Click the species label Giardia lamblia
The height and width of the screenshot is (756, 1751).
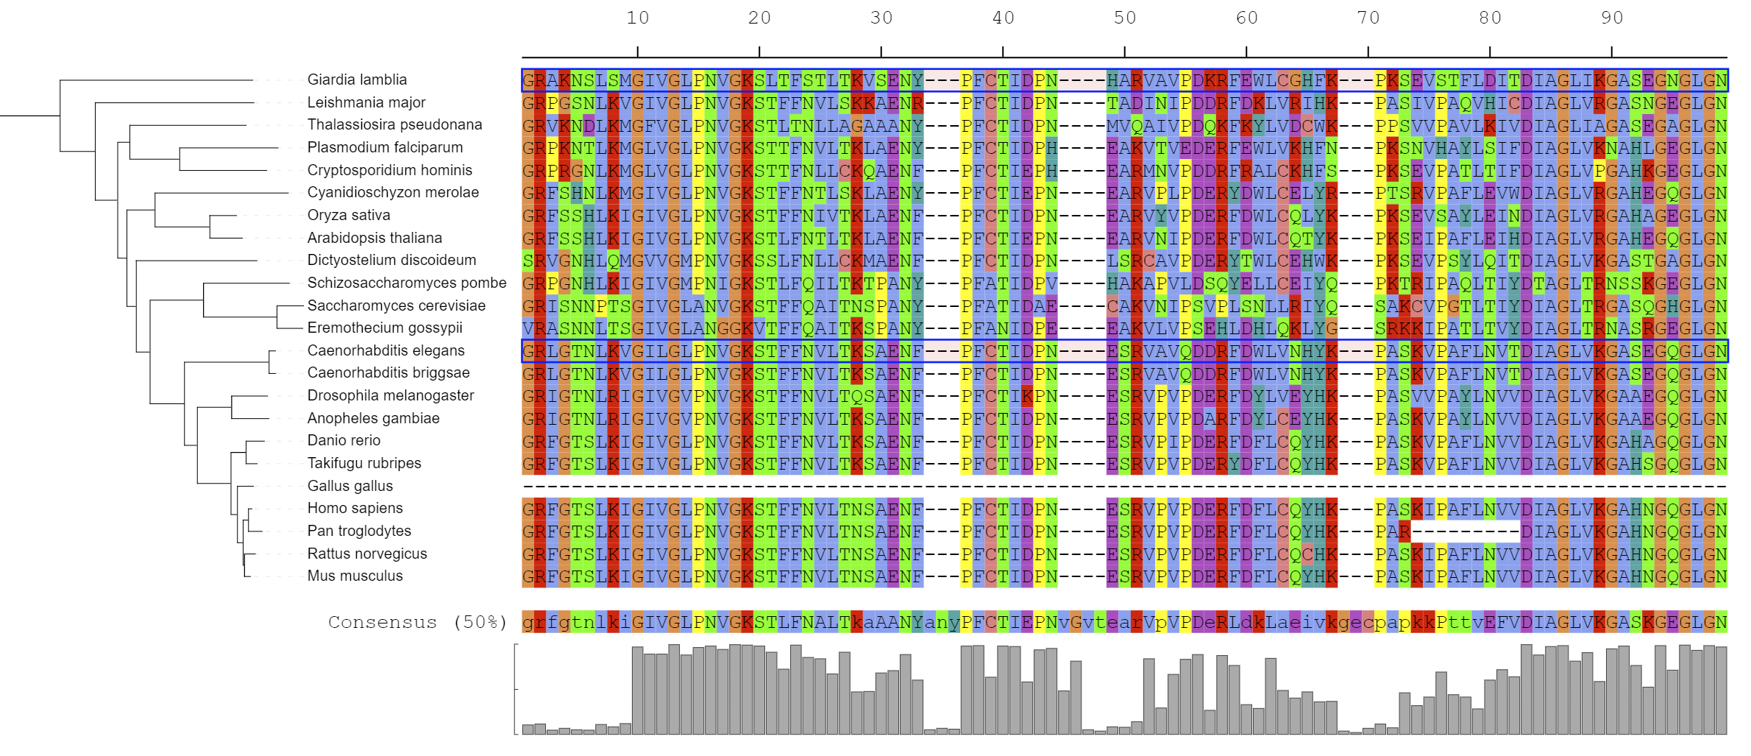(357, 80)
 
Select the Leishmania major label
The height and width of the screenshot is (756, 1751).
(366, 102)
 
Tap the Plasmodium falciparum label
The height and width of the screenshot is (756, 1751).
(385, 147)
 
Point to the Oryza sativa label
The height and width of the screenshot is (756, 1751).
(349, 215)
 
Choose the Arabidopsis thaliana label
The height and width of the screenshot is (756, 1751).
(374, 238)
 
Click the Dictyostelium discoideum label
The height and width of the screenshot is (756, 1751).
(391, 260)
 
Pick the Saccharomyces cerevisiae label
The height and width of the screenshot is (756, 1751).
(397, 305)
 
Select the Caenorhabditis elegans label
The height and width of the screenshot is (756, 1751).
(386, 350)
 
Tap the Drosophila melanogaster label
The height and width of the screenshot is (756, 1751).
(391, 395)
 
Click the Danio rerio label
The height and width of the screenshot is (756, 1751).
(344, 440)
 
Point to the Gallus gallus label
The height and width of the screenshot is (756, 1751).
(350, 486)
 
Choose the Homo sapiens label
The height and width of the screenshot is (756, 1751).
(355, 508)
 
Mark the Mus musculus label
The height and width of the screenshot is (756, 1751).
(355, 576)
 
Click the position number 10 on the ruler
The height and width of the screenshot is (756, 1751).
(638, 18)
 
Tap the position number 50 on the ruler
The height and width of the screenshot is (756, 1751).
(1125, 18)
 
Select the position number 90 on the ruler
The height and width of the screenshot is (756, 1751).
(1612, 18)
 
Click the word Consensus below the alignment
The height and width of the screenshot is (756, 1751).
(383, 623)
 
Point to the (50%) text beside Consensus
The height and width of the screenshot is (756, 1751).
(480, 623)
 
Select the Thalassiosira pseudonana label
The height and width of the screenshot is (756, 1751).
(394, 124)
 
